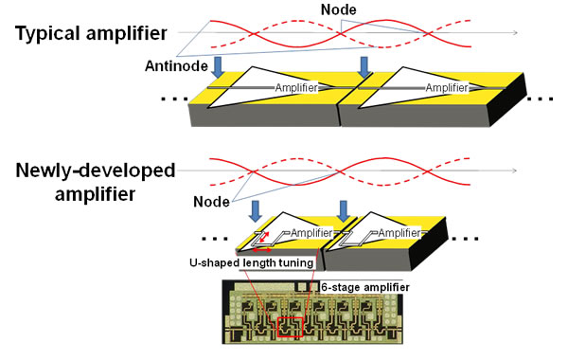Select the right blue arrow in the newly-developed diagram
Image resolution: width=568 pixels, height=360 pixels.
coord(344,209)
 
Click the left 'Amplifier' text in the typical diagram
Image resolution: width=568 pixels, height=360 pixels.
coord(295,88)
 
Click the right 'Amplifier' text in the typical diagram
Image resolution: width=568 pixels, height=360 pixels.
coord(446,88)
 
